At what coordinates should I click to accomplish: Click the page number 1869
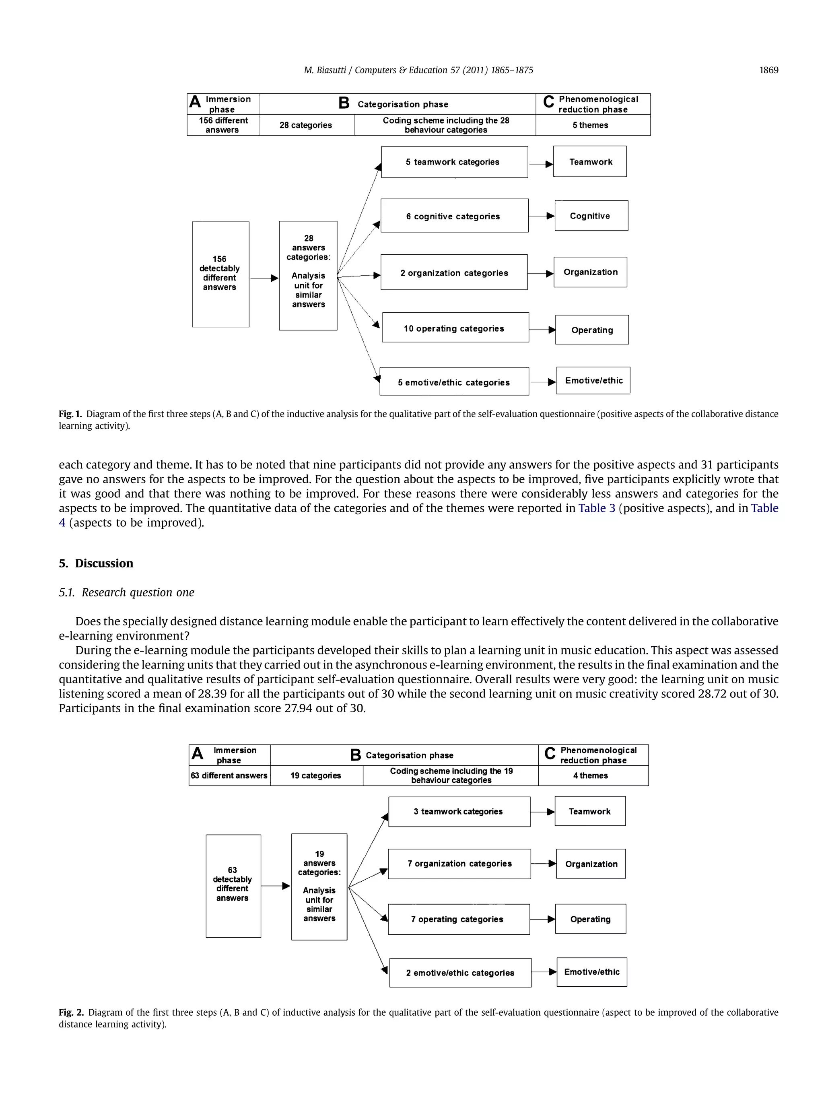[x=768, y=70]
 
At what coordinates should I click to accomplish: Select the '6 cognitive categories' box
[x=454, y=216]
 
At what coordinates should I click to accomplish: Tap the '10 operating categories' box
[x=455, y=328]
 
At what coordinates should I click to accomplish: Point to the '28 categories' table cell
[x=306, y=125]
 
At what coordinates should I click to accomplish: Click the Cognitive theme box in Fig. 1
[x=591, y=216]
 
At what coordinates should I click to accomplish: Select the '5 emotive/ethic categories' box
[x=454, y=381]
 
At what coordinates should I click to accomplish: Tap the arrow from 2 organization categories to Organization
[x=540, y=273]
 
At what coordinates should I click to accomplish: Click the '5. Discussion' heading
[x=96, y=563]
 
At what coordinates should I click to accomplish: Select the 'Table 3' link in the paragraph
[x=596, y=508]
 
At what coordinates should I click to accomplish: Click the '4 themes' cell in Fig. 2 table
[x=593, y=775]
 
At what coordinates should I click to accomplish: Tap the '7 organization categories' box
[x=459, y=864]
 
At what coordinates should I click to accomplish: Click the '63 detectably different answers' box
[x=233, y=886]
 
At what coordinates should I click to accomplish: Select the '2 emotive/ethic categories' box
[x=460, y=972]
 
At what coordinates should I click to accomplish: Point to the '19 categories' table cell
[x=316, y=775]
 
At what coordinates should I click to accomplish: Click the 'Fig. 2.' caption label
[x=72, y=1012]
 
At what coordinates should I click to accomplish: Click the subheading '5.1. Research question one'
[x=127, y=592]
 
